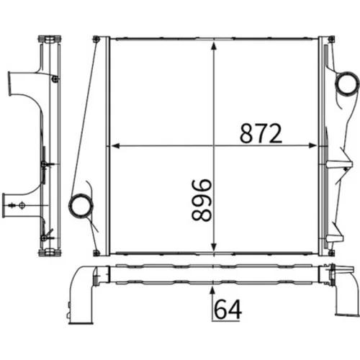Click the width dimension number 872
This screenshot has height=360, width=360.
(261, 133)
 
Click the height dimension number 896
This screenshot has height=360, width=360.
(202, 200)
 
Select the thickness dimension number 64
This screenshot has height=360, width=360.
(228, 310)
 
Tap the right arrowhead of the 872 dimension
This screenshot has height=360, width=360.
(312, 145)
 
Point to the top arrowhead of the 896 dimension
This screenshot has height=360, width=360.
(214, 46)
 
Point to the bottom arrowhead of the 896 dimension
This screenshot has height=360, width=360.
(214, 247)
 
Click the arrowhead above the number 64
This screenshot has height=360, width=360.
(212, 290)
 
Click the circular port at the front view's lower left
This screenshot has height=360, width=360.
(81, 206)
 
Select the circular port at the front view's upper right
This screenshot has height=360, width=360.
(347, 84)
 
